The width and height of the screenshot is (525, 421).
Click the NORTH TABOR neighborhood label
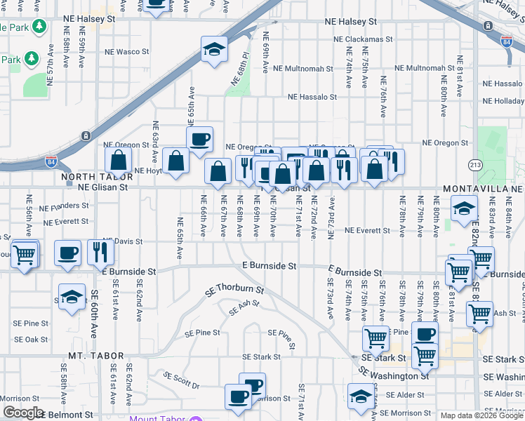(87, 177)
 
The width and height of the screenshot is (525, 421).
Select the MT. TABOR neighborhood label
(96, 356)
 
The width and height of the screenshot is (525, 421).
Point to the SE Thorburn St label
(234, 290)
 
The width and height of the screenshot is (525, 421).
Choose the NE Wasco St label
(127, 52)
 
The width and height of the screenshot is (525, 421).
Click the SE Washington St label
(394, 375)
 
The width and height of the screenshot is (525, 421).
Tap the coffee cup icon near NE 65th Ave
(199, 139)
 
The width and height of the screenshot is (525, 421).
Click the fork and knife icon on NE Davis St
(101, 252)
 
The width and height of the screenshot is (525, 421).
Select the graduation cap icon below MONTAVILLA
(464, 208)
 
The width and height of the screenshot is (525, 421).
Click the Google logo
(23, 413)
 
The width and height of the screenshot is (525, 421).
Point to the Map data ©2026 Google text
(481, 415)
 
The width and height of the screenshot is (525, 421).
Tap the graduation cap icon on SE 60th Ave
(72, 298)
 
